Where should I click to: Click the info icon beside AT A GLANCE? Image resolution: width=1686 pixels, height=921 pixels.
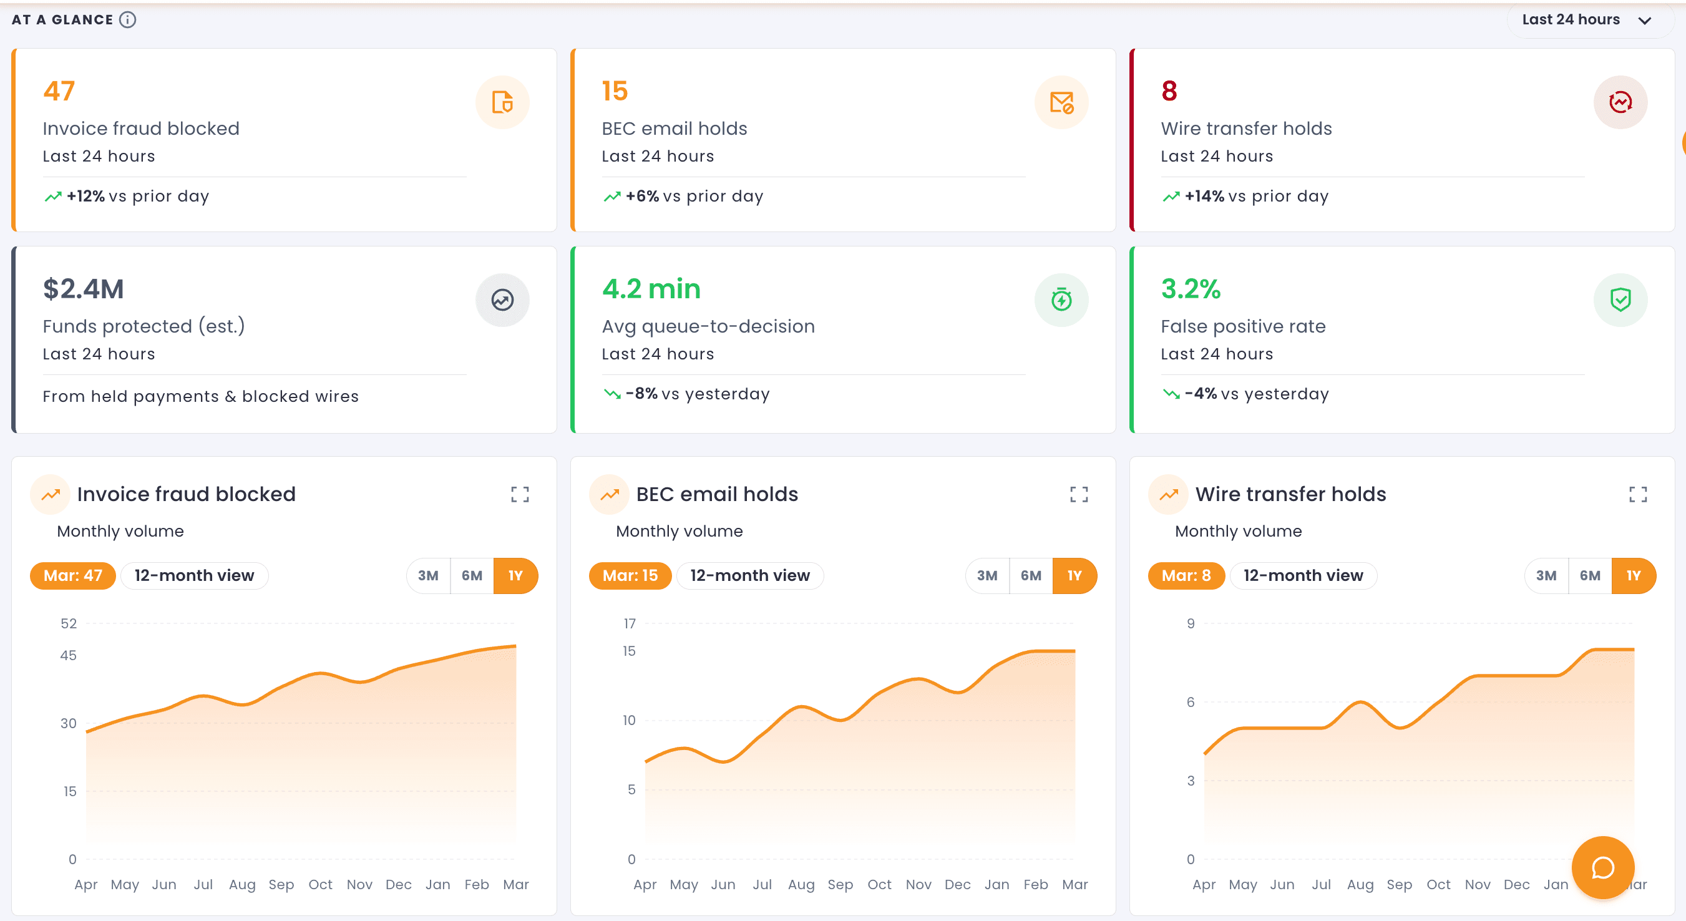pyautogui.click(x=128, y=19)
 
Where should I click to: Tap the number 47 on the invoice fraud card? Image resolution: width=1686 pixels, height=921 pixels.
pyautogui.click(x=59, y=91)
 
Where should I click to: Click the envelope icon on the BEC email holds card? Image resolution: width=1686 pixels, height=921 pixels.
pyautogui.click(x=1061, y=102)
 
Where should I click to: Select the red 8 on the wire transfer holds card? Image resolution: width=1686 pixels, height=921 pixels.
pyautogui.click(x=1169, y=91)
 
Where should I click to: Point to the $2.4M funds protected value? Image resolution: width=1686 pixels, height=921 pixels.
pyautogui.click(x=83, y=289)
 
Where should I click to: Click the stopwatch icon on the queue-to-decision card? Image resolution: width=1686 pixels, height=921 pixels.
pyautogui.click(x=1061, y=300)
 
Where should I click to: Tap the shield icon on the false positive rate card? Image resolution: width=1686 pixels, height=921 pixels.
pyautogui.click(x=1620, y=300)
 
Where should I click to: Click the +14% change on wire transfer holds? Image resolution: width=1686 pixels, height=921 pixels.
pyautogui.click(x=1204, y=197)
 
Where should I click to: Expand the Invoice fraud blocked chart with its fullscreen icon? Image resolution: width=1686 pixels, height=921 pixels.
pyautogui.click(x=520, y=494)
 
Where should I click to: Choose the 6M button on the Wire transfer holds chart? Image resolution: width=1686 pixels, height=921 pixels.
pyautogui.click(x=1590, y=575)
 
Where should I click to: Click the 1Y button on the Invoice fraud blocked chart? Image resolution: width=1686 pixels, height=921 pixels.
pyautogui.click(x=515, y=575)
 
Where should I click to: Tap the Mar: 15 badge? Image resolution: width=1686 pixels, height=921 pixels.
pyautogui.click(x=630, y=575)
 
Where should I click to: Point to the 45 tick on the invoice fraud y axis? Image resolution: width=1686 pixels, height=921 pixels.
pyautogui.click(x=68, y=655)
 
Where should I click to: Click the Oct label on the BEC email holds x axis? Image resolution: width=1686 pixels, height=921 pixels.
pyautogui.click(x=879, y=884)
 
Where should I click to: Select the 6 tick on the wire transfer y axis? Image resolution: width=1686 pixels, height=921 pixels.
pyautogui.click(x=1191, y=702)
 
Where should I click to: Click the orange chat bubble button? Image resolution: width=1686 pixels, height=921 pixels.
pyautogui.click(x=1603, y=867)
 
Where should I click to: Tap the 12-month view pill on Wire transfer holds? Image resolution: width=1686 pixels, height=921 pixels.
pyautogui.click(x=1302, y=575)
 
